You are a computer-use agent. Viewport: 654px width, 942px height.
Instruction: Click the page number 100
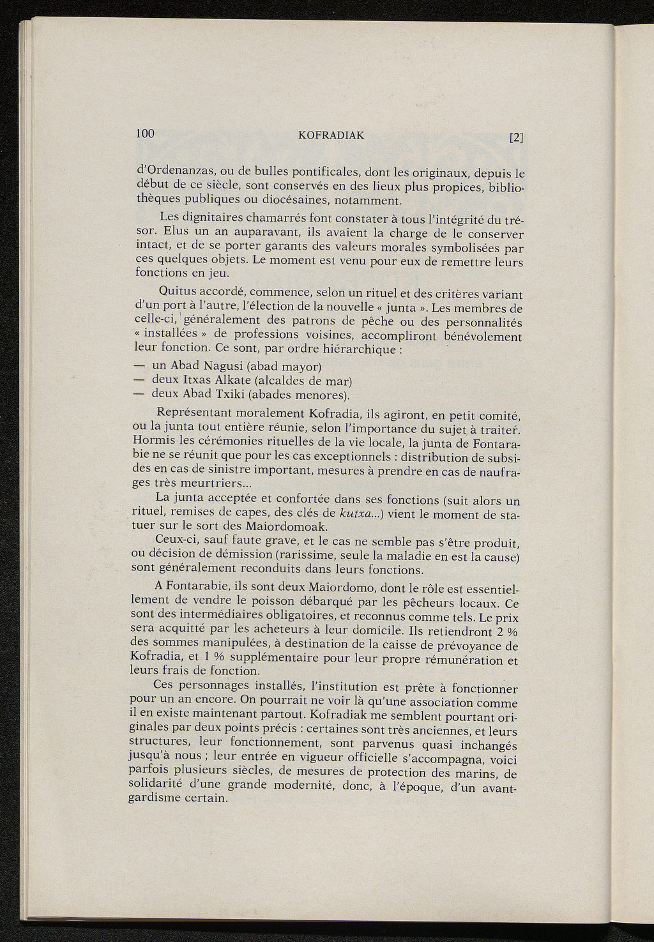pyautogui.click(x=146, y=133)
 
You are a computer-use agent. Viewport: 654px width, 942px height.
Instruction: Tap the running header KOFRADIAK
pyautogui.click(x=331, y=135)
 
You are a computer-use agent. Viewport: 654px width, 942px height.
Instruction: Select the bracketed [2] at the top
pyautogui.click(x=516, y=137)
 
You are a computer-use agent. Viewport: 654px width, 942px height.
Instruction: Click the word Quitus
pyautogui.click(x=179, y=292)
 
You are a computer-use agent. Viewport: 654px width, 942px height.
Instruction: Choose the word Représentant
pyautogui.click(x=195, y=412)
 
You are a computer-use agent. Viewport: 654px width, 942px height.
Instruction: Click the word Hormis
pyautogui.click(x=149, y=440)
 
